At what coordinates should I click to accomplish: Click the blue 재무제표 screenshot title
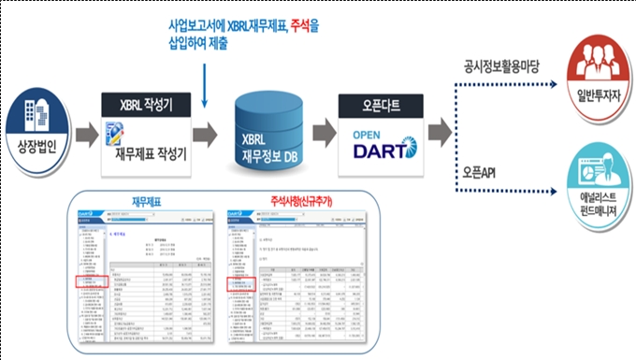point(147,199)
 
